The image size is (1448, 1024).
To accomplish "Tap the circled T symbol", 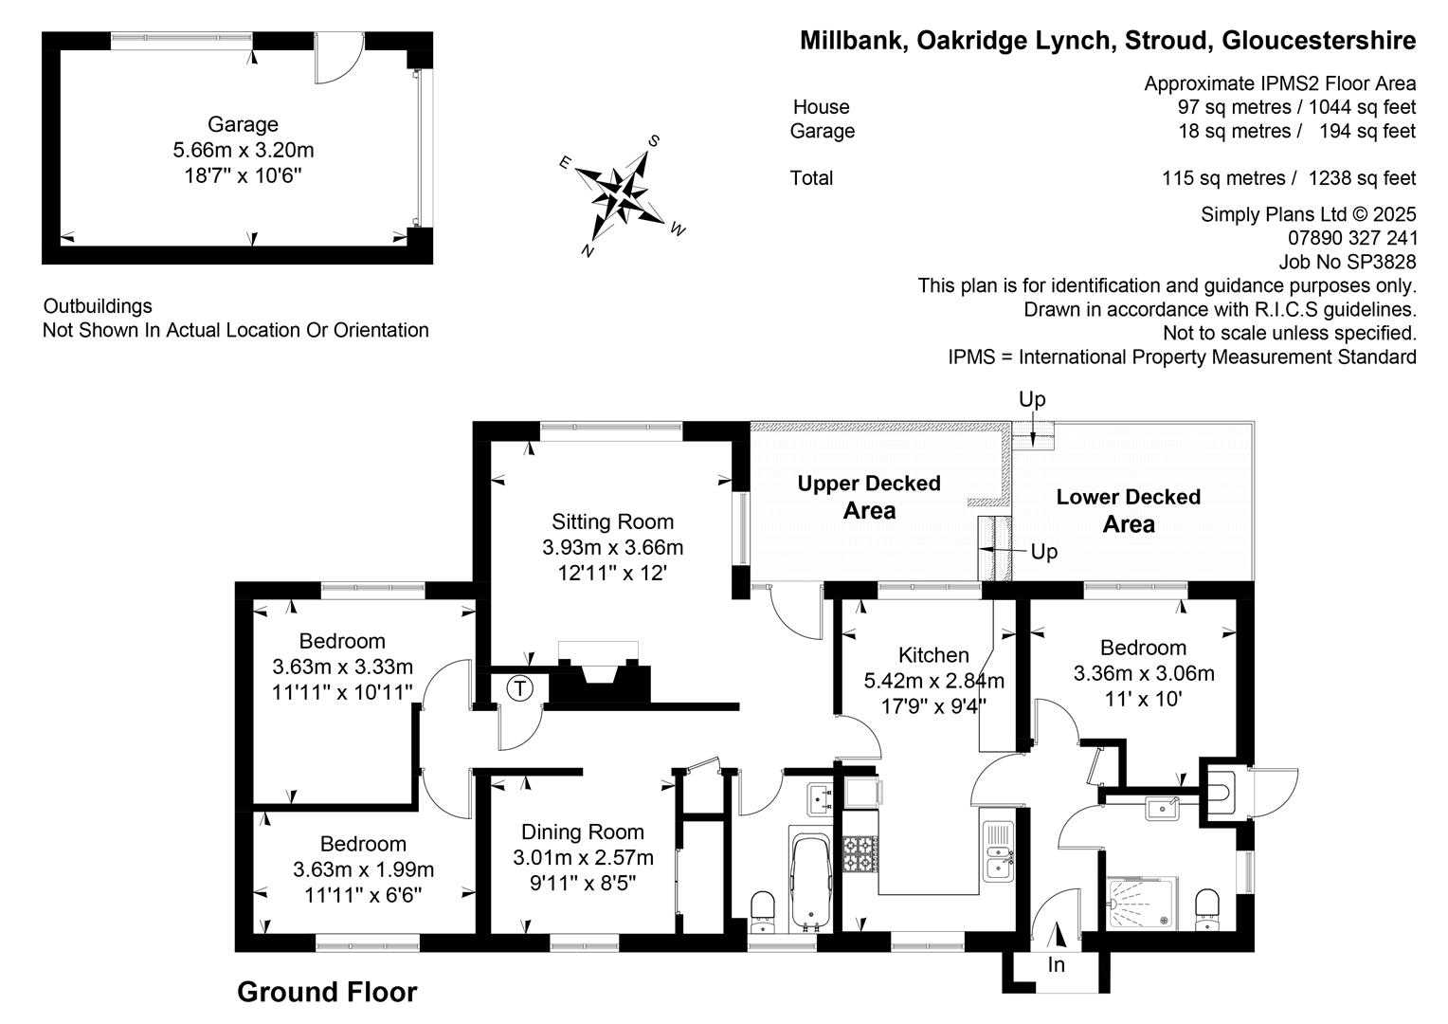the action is click(519, 688).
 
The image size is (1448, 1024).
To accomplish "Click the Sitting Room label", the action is click(612, 521).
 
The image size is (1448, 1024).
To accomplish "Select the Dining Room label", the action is click(583, 832).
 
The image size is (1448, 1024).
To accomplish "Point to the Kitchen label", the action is click(933, 655).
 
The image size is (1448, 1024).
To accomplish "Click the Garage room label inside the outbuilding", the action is click(243, 124).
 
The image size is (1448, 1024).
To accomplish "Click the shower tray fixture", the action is click(1143, 903).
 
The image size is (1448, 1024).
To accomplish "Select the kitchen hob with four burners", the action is click(860, 854).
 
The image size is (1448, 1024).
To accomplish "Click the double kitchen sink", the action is click(999, 851).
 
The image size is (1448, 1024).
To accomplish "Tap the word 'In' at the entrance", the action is click(1056, 965).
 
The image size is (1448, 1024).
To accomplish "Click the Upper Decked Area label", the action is click(869, 497).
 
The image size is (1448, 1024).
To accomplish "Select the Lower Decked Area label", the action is click(1128, 510).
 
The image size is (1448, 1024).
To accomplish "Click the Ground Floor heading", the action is click(327, 993).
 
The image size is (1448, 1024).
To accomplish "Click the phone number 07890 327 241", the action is click(1352, 238).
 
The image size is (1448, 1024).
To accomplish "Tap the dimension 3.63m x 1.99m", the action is click(363, 869).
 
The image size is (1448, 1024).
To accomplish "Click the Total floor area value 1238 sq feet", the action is click(1362, 178).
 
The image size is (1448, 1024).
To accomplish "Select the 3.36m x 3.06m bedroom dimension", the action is click(1144, 673).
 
